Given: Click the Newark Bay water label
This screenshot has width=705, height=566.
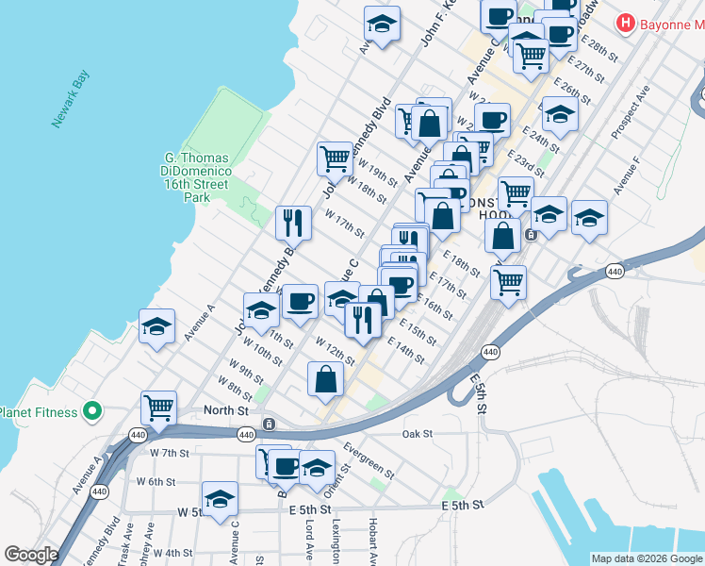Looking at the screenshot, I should point(72,107).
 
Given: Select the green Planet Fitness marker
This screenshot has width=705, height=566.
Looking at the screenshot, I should point(91,411).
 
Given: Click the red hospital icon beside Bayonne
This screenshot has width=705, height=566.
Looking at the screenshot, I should point(625,22).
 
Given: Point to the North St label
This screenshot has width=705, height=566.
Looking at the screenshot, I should point(226,410).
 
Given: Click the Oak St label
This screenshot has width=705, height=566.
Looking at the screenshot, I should point(416,434).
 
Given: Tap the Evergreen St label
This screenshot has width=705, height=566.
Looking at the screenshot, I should point(369,458).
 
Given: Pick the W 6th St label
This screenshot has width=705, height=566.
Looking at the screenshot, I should point(156,481).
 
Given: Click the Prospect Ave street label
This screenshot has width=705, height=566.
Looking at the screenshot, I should point(631,114).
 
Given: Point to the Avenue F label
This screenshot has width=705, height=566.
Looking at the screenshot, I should point(628,176).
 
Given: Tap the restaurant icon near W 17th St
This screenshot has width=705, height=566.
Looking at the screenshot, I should point(293,223).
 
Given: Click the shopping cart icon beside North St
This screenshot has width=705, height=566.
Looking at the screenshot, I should point(159,408).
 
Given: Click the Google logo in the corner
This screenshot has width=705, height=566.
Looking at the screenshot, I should point(31,555).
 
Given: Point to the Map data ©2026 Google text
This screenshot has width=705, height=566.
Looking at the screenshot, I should point(646,558).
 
